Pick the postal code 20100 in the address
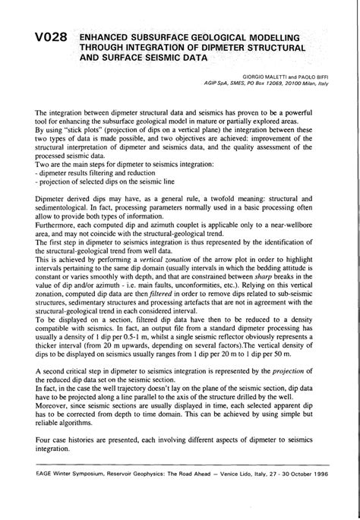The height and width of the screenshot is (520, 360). (x=282, y=84)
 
